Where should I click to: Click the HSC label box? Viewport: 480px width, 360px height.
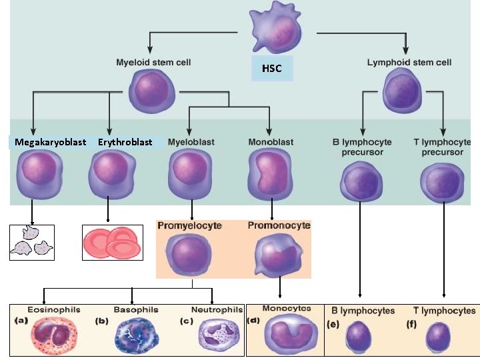pos(271,69)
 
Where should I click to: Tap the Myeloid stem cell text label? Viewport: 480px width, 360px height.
pos(154,63)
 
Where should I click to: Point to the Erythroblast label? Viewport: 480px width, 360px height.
pos(125,142)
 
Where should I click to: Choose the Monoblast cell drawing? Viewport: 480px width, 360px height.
pos(270,175)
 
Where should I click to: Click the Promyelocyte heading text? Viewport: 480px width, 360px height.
pos(189,226)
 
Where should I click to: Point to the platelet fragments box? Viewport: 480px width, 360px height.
pos(32,242)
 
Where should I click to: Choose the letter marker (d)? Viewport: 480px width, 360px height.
pos(253,320)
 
